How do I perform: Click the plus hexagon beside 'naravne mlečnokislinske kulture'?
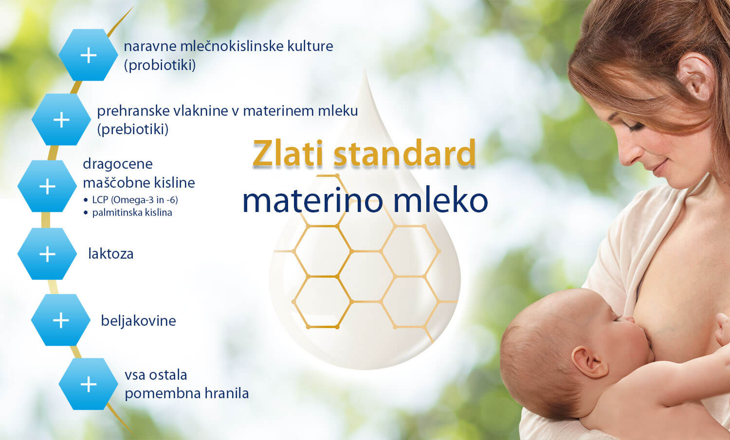click(x=88, y=55)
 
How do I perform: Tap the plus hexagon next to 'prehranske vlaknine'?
click(x=61, y=120)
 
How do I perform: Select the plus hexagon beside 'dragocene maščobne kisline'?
click(x=47, y=186)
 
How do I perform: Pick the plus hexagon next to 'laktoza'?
click(x=47, y=254)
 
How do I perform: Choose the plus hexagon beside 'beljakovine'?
click(x=61, y=320)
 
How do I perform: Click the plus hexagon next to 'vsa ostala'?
click(x=88, y=384)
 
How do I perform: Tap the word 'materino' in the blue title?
click(x=313, y=200)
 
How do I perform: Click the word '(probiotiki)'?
click(x=160, y=65)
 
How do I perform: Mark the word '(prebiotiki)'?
click(x=133, y=129)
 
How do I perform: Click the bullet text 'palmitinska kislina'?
click(x=132, y=212)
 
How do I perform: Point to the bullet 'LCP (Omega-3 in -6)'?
click(x=135, y=200)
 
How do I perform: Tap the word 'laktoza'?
click(x=111, y=254)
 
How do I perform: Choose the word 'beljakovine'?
click(x=139, y=321)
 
